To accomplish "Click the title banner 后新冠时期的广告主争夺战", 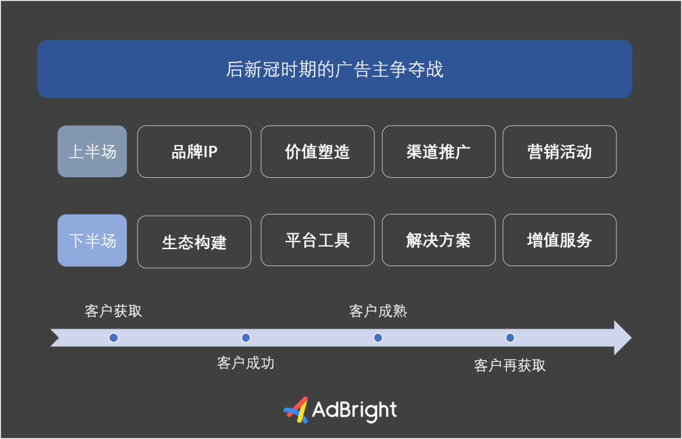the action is click(x=335, y=69).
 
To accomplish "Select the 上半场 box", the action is click(x=92, y=151).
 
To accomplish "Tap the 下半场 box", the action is click(x=92, y=240).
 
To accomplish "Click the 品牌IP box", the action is click(x=194, y=151).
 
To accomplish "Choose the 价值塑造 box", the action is click(x=318, y=151).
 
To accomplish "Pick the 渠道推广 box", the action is click(x=438, y=151).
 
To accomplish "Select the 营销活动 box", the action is click(x=559, y=151).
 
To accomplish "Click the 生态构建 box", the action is click(x=194, y=242).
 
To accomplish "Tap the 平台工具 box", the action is click(x=318, y=240).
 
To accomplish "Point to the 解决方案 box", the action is click(x=438, y=240).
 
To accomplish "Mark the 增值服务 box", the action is click(x=559, y=240).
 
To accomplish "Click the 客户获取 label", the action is click(x=114, y=311).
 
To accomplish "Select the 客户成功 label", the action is click(x=246, y=363).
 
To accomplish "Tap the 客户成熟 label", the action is click(x=378, y=311).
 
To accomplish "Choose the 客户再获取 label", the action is click(x=510, y=366).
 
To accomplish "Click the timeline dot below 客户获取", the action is click(x=114, y=337).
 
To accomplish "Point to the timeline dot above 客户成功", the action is click(x=246, y=337).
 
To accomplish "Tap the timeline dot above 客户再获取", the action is click(x=510, y=337).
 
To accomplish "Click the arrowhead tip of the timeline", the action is click(x=631, y=337).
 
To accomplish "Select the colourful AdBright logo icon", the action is click(x=296, y=410).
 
